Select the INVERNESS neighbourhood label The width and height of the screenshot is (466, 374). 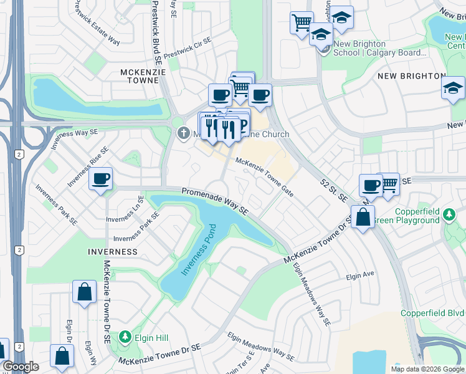[x=113, y=252]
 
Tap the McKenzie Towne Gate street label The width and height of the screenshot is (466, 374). [x=264, y=176]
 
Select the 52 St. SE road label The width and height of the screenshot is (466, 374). [x=333, y=189]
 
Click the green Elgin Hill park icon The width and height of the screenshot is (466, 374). [x=125, y=337]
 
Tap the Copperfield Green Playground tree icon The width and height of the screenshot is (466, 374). [x=449, y=216]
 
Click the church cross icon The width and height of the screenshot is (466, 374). [x=183, y=133]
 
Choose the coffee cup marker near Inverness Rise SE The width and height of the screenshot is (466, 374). [x=100, y=179]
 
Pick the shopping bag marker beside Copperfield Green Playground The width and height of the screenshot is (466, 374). [x=363, y=218]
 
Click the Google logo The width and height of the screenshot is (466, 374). [x=20, y=366]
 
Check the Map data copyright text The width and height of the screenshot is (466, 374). [x=427, y=369]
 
